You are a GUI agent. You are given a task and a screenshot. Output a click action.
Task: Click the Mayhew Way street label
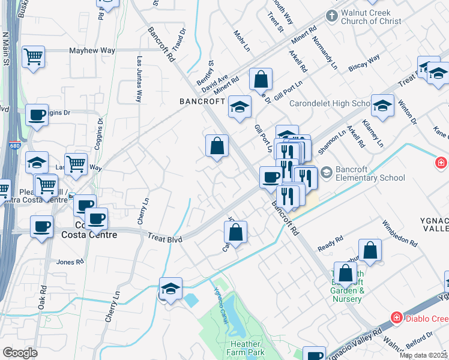91,52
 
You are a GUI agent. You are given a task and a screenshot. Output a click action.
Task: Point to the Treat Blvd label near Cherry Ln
165,238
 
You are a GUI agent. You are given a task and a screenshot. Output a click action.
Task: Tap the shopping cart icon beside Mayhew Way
34,56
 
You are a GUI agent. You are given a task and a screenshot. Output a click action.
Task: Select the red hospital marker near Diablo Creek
396,316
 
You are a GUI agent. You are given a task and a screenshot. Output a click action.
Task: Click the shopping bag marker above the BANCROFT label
261,79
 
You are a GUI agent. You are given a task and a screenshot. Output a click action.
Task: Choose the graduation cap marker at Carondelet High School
382,106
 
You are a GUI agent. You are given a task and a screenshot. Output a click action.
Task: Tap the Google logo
20,353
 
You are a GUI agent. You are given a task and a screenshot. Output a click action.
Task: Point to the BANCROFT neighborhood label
202,101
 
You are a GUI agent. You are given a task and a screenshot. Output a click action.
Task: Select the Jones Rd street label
70,262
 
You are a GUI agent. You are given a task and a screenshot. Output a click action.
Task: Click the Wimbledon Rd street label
399,234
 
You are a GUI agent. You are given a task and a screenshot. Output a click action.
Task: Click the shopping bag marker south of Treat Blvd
237,233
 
